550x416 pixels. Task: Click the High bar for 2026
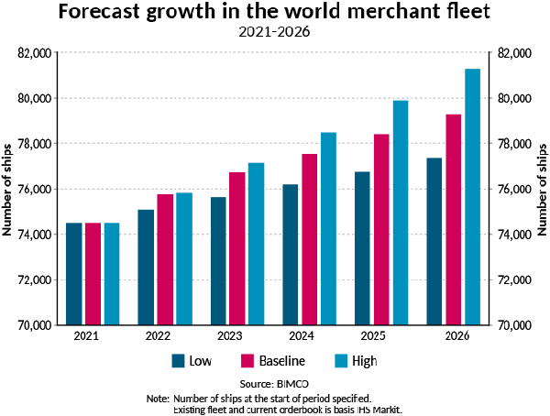click(473, 197)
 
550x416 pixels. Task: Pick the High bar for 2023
click(256, 244)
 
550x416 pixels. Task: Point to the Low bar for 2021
click(74, 274)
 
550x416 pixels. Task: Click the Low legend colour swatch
click(179, 360)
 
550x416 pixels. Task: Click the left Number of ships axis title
click(7, 189)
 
